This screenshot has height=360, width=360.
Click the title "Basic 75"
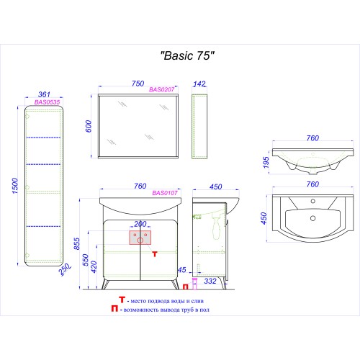click(187, 55)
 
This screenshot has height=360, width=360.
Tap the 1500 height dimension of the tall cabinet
click(15, 186)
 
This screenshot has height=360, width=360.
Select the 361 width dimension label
click(44, 94)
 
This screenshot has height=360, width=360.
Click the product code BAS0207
click(162, 89)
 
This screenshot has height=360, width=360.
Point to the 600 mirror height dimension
click(89, 126)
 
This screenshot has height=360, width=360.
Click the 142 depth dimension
click(199, 84)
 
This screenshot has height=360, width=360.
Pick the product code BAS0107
click(165, 193)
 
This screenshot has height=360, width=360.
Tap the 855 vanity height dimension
click(77, 243)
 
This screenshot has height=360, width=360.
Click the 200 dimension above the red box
click(140, 224)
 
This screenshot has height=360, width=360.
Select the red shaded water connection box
click(140, 238)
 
